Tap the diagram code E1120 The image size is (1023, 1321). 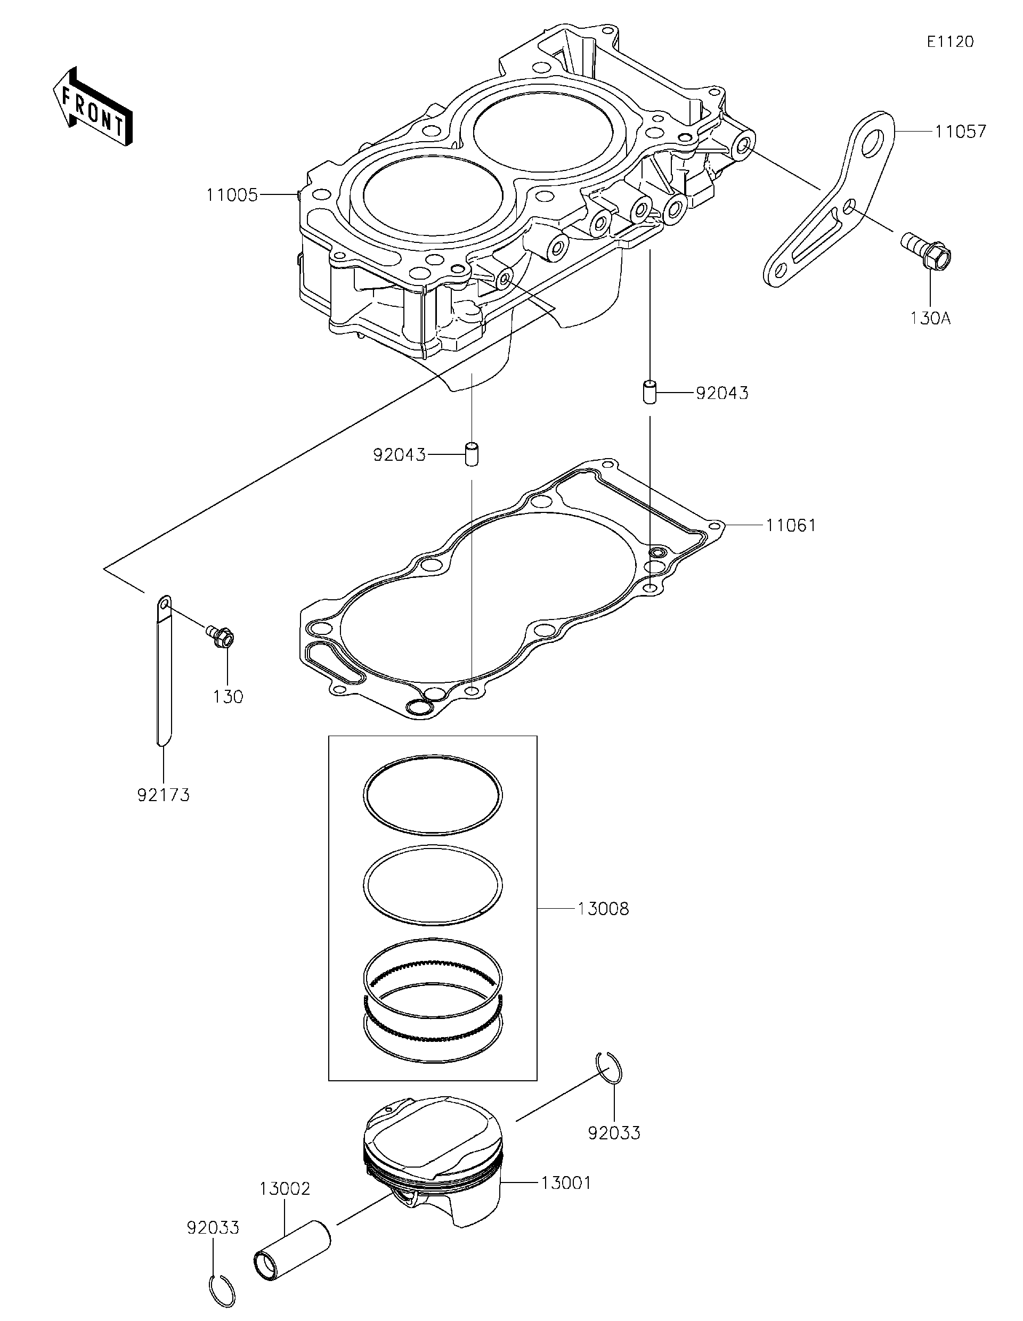[x=951, y=42]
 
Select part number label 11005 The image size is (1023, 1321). [x=232, y=195]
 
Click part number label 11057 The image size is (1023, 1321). [x=960, y=131]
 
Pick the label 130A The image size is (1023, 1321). [x=930, y=318]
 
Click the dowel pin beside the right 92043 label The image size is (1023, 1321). [x=649, y=392]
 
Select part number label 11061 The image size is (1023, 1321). [x=791, y=526]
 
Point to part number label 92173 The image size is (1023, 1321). [x=164, y=795]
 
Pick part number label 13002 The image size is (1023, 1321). [x=285, y=1188]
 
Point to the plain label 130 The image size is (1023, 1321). [x=228, y=697]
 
